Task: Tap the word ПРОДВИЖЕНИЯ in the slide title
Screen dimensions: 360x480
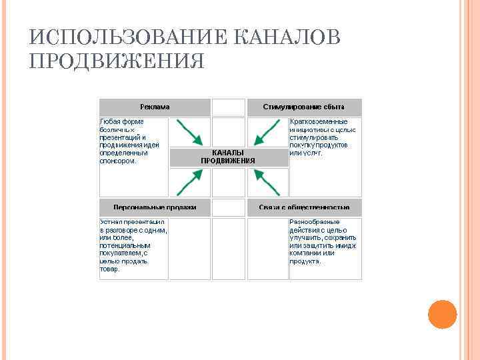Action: (x=117, y=61)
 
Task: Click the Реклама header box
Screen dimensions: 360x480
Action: (x=155, y=107)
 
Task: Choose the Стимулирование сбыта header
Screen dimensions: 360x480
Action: (x=304, y=107)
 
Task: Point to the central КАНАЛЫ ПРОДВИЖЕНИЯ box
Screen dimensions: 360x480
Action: (x=228, y=157)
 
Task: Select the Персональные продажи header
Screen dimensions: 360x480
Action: (x=155, y=207)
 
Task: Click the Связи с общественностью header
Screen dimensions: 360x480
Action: (x=304, y=207)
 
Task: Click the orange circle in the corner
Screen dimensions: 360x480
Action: (x=441, y=314)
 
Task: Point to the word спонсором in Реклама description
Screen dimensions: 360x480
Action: (x=117, y=161)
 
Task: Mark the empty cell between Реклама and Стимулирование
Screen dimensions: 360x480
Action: (x=229, y=107)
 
